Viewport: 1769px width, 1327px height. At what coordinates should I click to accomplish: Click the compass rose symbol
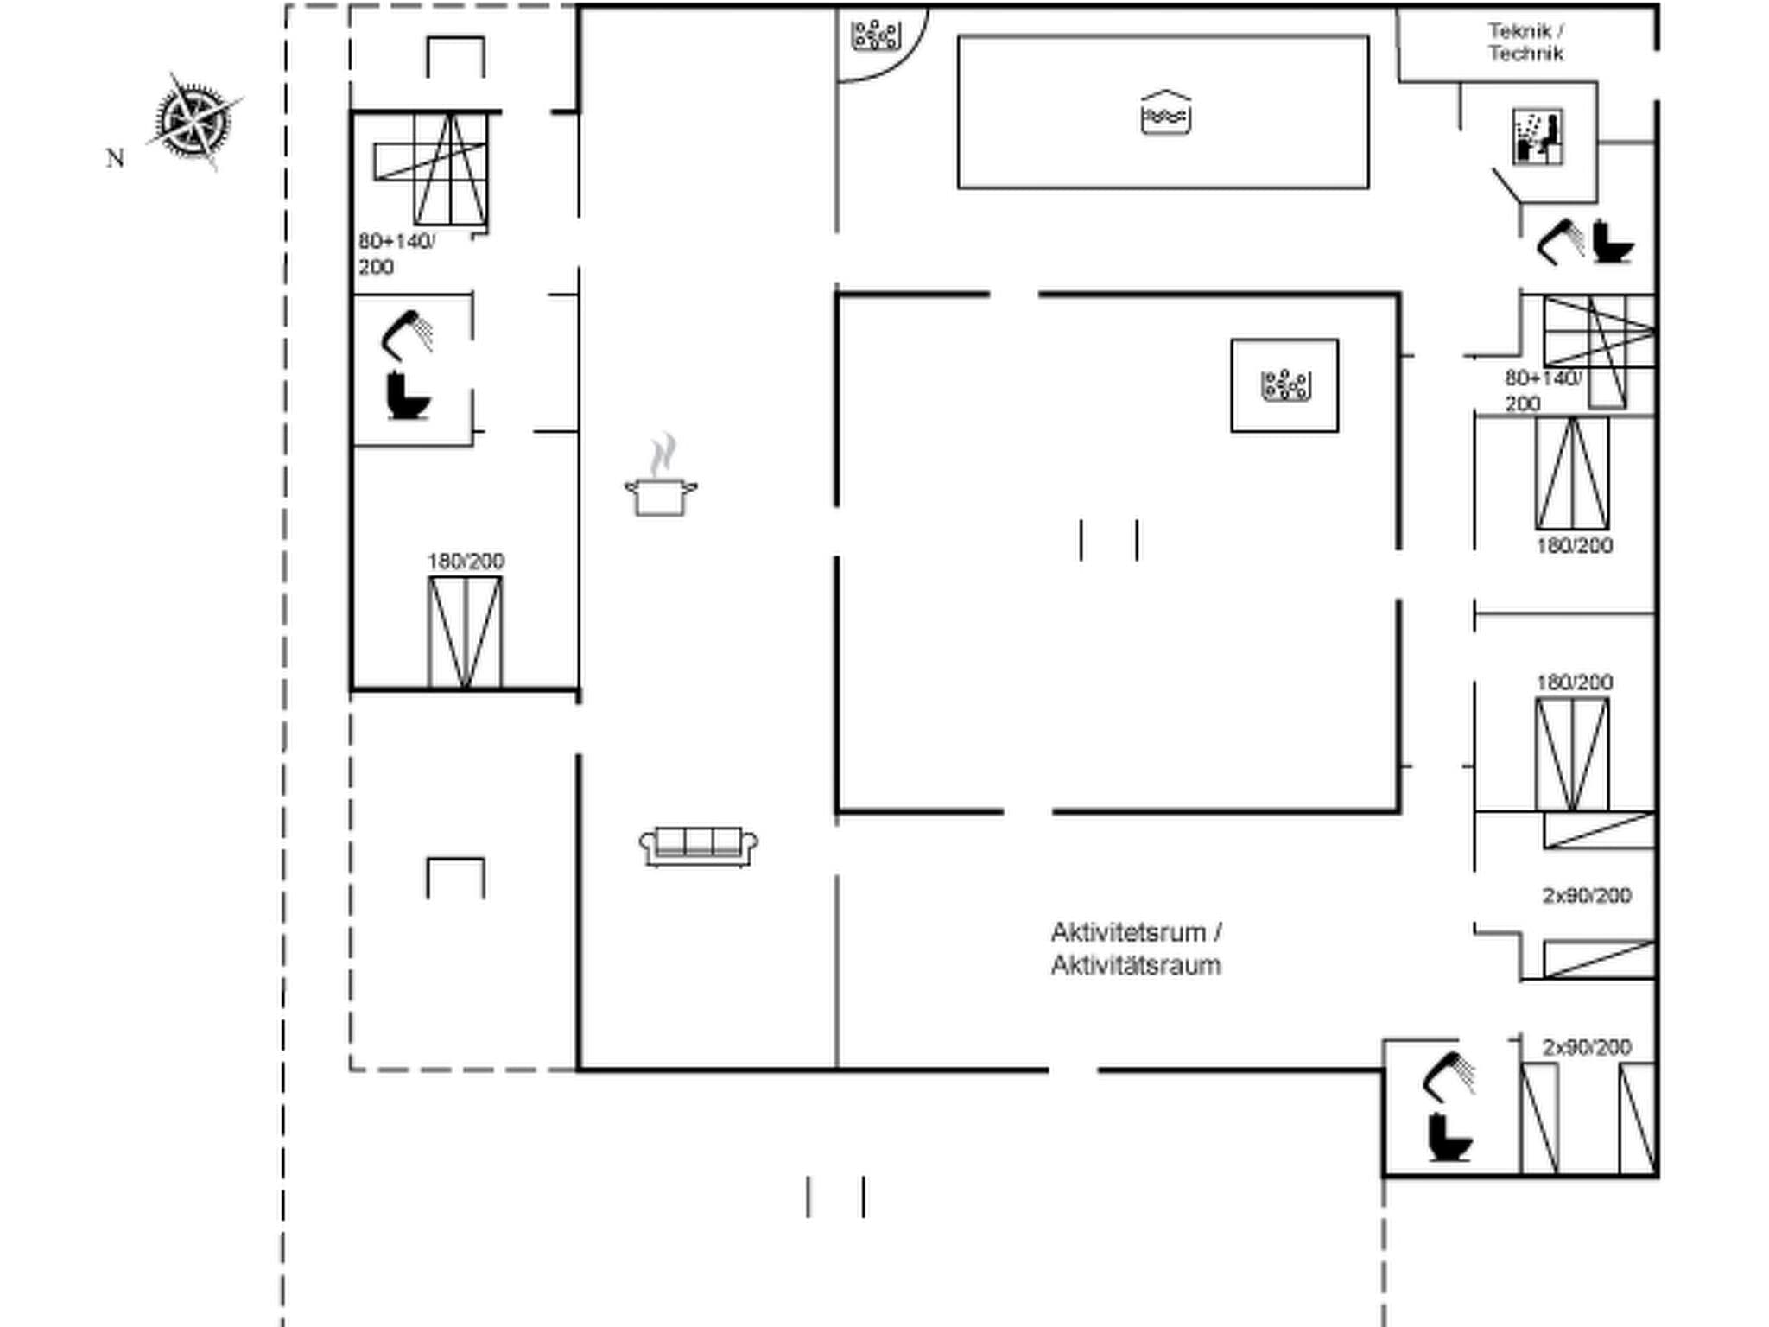(x=194, y=121)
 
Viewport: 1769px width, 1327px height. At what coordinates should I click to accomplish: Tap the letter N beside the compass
(x=115, y=159)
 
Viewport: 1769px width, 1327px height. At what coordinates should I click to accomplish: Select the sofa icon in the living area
(x=699, y=846)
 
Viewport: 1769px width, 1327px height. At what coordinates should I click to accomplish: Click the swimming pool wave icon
(x=1165, y=113)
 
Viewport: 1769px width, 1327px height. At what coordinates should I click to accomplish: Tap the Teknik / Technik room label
(x=1525, y=42)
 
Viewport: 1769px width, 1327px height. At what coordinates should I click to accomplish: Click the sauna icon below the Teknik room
(x=1537, y=137)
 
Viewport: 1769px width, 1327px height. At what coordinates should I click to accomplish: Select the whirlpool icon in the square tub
(x=1286, y=385)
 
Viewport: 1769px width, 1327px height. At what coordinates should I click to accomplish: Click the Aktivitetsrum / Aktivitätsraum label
(x=1136, y=949)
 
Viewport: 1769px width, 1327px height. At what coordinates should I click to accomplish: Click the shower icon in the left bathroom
(x=407, y=334)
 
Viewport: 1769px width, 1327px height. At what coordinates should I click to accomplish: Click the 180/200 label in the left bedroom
(x=466, y=562)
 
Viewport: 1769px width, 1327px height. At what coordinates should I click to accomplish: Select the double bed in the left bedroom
(x=465, y=632)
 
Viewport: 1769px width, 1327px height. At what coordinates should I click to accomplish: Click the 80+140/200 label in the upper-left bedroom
(x=396, y=253)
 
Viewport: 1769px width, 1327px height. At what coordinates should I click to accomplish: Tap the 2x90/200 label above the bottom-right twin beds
(x=1587, y=1047)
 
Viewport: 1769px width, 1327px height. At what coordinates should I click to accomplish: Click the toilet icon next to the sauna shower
(x=1613, y=243)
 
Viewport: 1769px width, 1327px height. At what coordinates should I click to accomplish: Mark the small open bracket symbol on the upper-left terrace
(x=455, y=57)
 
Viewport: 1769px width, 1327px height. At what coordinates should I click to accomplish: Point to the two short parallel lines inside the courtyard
(x=1108, y=540)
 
